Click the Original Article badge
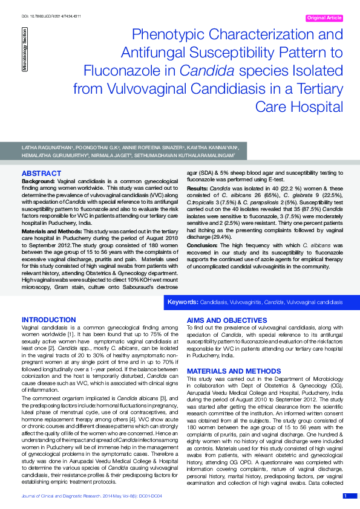(324, 18)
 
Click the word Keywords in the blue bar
(183, 302)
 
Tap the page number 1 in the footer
(345, 496)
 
